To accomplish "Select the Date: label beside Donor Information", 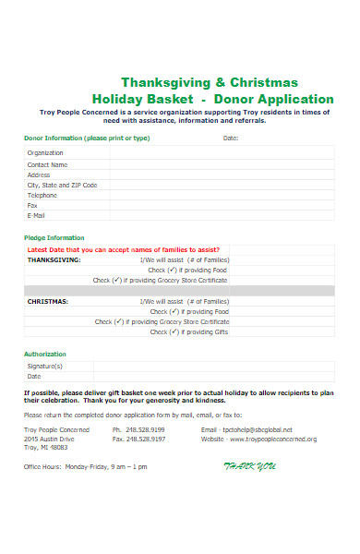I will [x=231, y=138].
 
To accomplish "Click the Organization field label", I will [x=45, y=153].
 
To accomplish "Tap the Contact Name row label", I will [x=48, y=164].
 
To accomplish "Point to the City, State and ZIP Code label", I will [x=62, y=185].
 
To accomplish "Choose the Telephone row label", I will [x=42, y=195].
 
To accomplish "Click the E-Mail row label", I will [x=37, y=215].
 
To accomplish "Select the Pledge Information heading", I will [x=54, y=237].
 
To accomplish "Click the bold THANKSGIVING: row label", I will [x=54, y=259].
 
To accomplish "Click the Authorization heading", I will [x=45, y=355].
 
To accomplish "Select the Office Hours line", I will [x=85, y=466].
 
